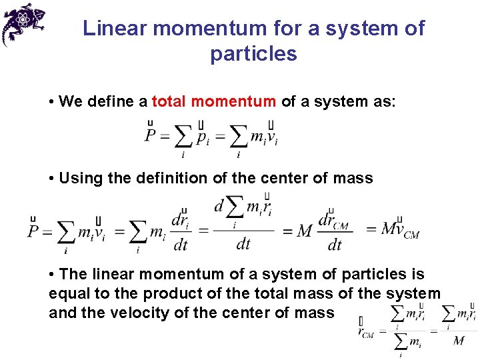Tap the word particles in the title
(x=253, y=53)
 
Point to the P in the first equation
(x=151, y=136)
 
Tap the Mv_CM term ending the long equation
(x=399, y=230)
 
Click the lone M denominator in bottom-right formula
(x=458, y=341)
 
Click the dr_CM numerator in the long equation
(x=335, y=221)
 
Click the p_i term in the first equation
(x=203, y=137)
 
